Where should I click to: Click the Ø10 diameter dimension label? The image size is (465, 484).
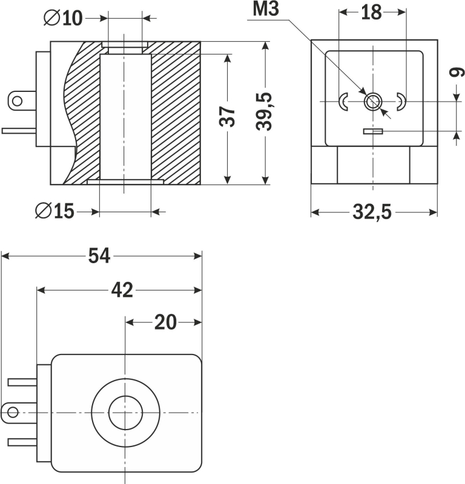[63, 19]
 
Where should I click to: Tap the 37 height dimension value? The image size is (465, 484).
[227, 117]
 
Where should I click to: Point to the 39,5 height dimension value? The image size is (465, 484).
[264, 112]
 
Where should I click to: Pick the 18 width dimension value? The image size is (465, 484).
[371, 13]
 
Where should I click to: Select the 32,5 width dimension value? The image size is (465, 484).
[372, 212]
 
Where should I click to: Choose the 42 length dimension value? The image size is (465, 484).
[122, 290]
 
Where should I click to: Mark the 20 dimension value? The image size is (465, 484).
[165, 322]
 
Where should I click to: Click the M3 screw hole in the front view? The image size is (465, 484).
[372, 102]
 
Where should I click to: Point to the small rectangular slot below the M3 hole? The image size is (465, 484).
[372, 131]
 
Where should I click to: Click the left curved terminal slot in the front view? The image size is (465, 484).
[343, 102]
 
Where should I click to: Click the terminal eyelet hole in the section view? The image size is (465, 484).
[18, 100]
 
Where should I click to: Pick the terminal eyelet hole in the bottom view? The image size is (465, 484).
[12, 413]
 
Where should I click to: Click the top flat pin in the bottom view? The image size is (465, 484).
[23, 382]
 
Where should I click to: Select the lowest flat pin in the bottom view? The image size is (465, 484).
[23, 442]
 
